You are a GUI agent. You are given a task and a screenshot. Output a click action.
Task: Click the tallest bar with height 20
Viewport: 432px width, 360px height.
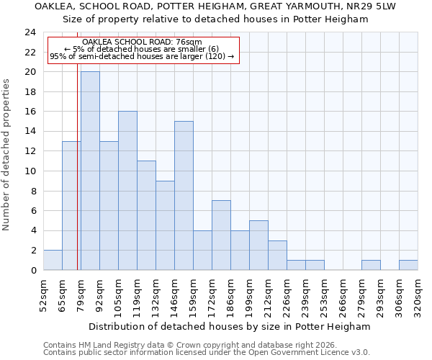(x=90, y=171)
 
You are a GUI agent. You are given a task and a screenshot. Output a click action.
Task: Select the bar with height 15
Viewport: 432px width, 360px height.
(x=184, y=195)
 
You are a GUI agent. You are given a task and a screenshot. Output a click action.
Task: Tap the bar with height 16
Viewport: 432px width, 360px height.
(x=127, y=190)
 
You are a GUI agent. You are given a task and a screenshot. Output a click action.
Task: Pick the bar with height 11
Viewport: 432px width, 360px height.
(x=146, y=215)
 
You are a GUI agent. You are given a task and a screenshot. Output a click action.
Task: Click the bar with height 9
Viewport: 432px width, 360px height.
(x=165, y=225)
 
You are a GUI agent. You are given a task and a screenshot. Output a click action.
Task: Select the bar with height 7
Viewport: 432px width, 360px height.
(x=221, y=235)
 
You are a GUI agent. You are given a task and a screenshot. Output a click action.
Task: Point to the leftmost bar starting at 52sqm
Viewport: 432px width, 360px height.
(x=53, y=260)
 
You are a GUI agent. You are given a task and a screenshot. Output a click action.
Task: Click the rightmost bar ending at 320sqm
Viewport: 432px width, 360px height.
(x=408, y=265)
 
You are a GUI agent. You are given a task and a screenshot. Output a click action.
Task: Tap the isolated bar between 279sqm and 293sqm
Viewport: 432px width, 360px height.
(x=371, y=265)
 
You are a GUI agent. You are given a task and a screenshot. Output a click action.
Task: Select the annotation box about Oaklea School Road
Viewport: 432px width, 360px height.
(x=143, y=50)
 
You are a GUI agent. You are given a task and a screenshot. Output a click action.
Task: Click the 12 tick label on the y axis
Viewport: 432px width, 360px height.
(x=30, y=151)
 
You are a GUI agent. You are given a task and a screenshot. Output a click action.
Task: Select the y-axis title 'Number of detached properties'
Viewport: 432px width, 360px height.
(x=6, y=155)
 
